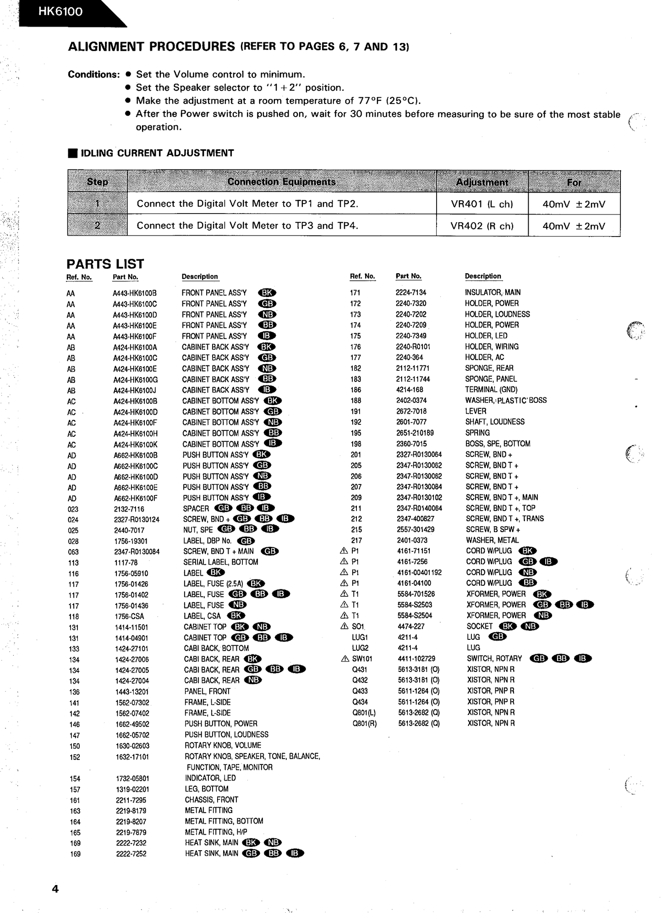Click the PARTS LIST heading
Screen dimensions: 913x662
[x=105, y=264]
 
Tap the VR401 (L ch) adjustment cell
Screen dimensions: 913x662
[x=481, y=204]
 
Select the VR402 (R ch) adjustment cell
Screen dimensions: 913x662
[x=481, y=226]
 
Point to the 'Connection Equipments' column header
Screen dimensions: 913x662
[x=281, y=182]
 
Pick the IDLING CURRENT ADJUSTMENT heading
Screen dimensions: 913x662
[x=157, y=153]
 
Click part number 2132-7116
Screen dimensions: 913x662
[x=129, y=509]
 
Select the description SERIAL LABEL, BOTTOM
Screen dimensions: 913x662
[x=221, y=562]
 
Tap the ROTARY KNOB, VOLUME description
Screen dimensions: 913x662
[x=223, y=746]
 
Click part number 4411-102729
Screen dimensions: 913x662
[x=416, y=659]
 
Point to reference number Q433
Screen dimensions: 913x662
[x=360, y=691]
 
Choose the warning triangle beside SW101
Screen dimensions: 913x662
[x=345, y=659]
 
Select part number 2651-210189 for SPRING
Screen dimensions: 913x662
[x=415, y=433]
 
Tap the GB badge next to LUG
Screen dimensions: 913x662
[x=497, y=637]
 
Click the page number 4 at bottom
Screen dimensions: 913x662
[x=55, y=889]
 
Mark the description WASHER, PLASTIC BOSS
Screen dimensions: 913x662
[x=506, y=400]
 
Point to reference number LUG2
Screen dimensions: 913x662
[x=360, y=648]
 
